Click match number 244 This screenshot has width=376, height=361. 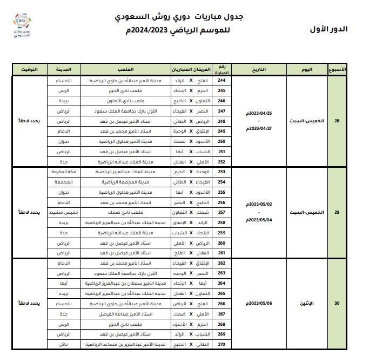[222, 80]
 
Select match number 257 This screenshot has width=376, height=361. [222, 212]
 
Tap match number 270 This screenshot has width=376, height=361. [222, 344]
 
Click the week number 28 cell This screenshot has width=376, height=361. [337, 120]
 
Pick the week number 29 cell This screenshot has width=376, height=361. [337, 212]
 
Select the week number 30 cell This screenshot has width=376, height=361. [337, 304]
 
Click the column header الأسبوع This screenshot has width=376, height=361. [337, 70]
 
